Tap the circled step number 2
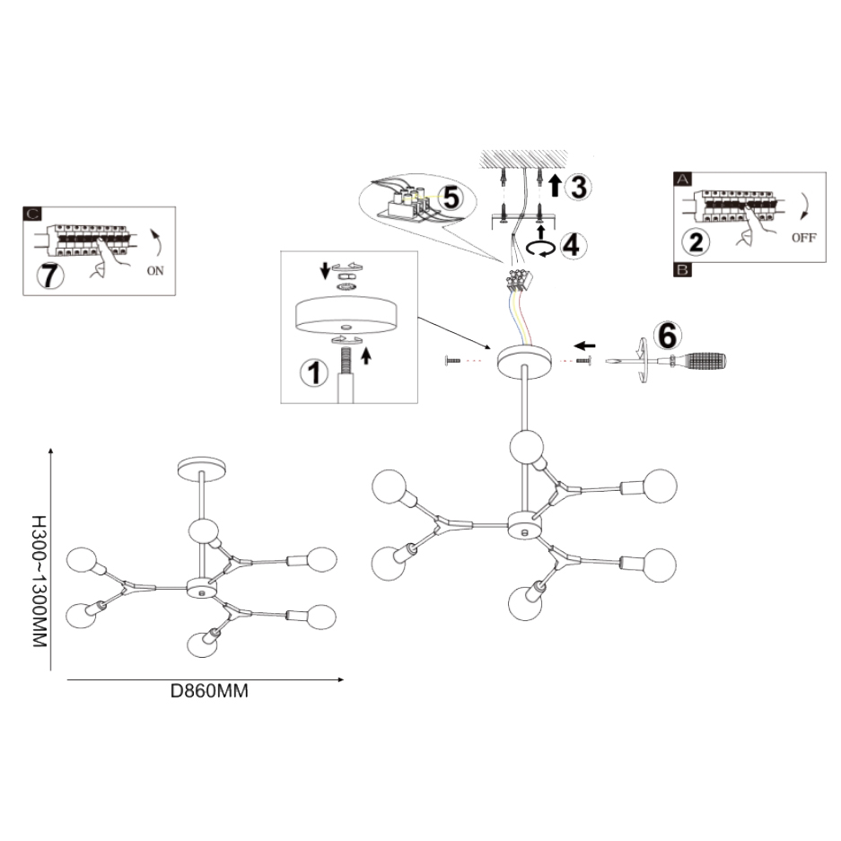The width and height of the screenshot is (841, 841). click(696, 240)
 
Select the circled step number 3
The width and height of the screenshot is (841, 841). click(579, 187)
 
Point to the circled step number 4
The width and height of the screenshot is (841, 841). click(572, 244)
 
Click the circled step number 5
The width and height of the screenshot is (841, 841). click(451, 197)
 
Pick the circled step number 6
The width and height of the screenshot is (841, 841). click(666, 335)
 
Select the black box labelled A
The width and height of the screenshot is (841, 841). click(682, 180)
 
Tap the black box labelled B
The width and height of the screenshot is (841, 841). click(682, 268)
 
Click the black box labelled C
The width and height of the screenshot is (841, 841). click(31, 215)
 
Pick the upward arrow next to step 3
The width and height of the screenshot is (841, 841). click(555, 186)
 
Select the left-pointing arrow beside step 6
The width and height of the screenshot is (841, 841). click(586, 346)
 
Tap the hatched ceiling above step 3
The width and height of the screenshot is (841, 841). click(521, 159)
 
